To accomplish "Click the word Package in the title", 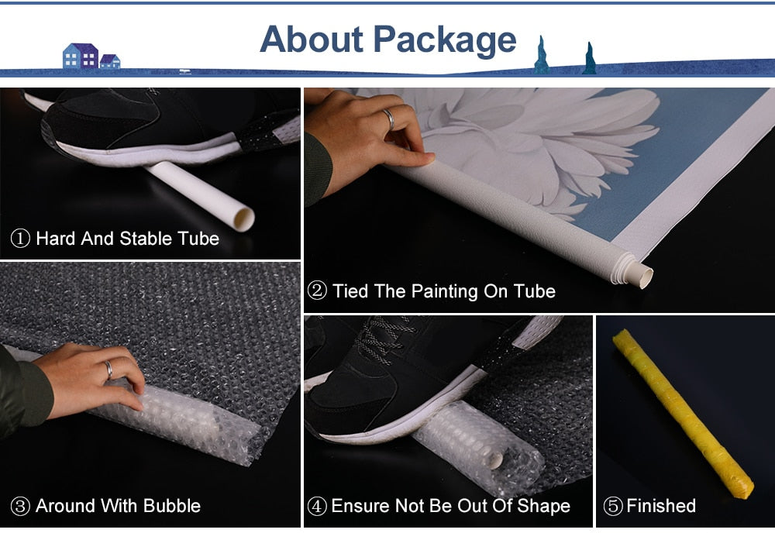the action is click(444, 40).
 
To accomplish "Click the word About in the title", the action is click(312, 39).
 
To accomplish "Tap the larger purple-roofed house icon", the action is click(81, 56).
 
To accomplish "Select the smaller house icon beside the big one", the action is click(110, 61).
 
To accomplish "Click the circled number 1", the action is click(20, 239).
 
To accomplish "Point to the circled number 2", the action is click(317, 291).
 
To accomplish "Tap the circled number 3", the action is click(20, 507).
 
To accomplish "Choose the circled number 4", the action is click(317, 507).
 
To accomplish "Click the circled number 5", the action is click(613, 507).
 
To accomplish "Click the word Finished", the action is click(661, 506).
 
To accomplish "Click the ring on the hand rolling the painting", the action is click(390, 119).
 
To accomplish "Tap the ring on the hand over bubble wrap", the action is click(108, 370).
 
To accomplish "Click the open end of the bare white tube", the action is click(243, 218).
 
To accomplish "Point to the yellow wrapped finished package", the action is click(683, 414).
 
